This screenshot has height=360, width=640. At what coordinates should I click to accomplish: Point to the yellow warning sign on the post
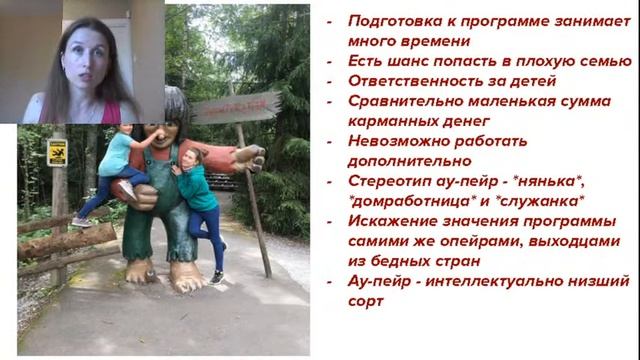56,152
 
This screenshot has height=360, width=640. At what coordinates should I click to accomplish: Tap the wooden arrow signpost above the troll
236,105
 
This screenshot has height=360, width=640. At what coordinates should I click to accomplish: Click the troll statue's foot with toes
186,277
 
